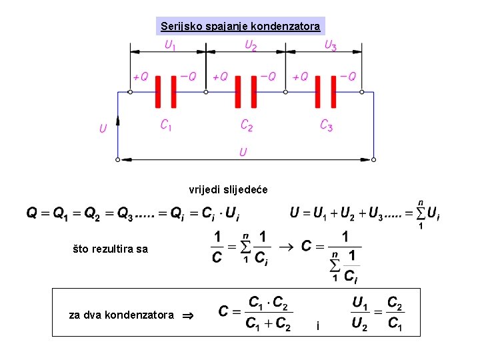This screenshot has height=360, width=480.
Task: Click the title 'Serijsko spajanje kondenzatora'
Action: (240, 27)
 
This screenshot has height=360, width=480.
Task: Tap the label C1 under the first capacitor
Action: (167, 125)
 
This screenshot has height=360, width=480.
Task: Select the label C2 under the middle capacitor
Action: (247, 125)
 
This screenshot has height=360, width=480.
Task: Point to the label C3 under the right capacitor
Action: (326, 125)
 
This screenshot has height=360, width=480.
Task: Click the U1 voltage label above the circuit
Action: (171, 46)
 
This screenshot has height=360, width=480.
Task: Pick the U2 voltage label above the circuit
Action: (251, 46)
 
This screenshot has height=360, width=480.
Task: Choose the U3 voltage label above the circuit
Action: (330, 46)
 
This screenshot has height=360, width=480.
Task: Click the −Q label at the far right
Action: (347, 77)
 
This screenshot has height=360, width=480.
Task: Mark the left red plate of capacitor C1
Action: (159, 92)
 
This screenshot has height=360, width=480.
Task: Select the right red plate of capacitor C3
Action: (333, 92)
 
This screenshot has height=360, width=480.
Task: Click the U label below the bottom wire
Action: (243, 153)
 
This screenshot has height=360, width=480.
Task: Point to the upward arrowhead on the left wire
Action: (118, 120)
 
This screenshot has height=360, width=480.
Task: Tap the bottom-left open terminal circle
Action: (118, 160)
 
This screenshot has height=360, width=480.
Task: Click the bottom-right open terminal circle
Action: (374, 160)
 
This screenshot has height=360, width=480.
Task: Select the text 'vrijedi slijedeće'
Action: (228, 190)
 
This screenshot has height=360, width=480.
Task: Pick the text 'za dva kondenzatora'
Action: (121, 315)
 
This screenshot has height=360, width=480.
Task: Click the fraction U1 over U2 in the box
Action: (360, 314)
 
